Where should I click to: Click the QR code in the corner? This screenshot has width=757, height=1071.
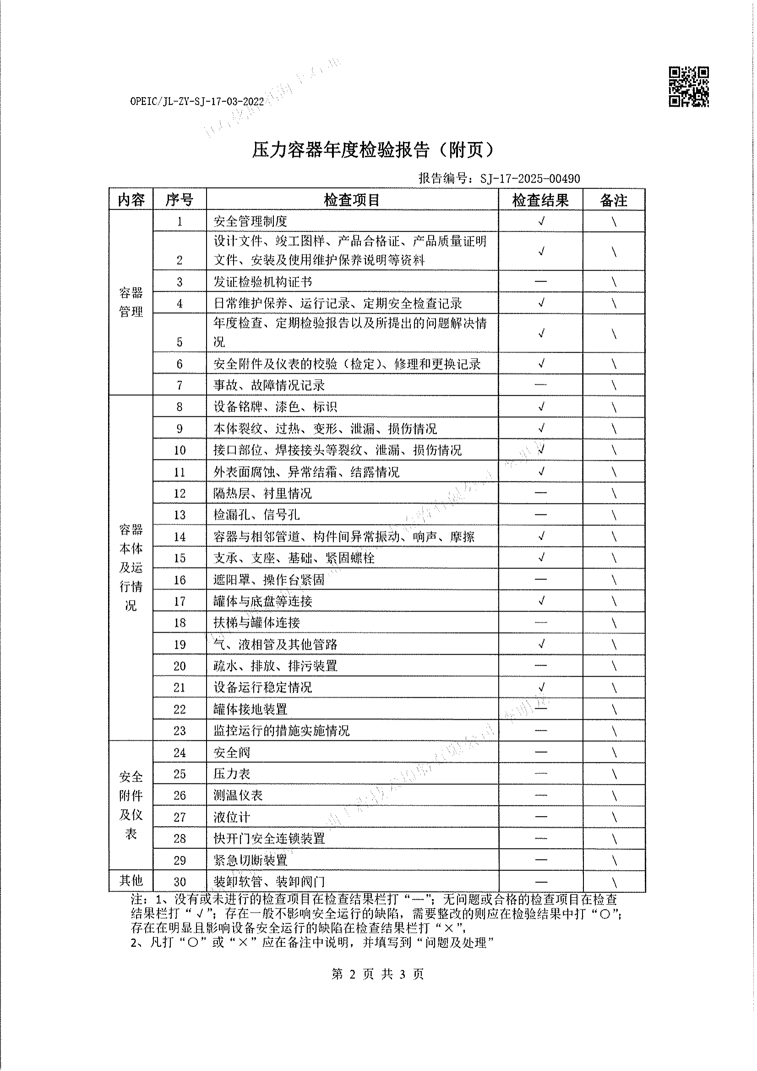688,87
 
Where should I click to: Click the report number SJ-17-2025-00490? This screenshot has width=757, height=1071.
530,179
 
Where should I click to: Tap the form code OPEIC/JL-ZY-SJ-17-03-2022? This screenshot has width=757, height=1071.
197,102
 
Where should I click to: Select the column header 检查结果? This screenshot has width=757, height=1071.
540,200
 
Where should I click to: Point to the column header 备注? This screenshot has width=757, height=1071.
613,200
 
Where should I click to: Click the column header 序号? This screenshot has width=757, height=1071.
180,200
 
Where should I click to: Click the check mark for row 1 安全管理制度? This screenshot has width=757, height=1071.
541,221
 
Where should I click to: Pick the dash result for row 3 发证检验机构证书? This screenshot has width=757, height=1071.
540,281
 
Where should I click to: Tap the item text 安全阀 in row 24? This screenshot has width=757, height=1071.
232,753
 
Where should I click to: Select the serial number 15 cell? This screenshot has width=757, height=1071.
180,558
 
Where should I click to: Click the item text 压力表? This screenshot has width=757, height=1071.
232,774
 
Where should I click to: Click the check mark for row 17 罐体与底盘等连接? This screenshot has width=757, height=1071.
541,601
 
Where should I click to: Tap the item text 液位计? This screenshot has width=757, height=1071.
232,817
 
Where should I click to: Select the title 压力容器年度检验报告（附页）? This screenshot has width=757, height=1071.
373,150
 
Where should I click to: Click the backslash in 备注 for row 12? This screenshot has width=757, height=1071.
614,493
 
